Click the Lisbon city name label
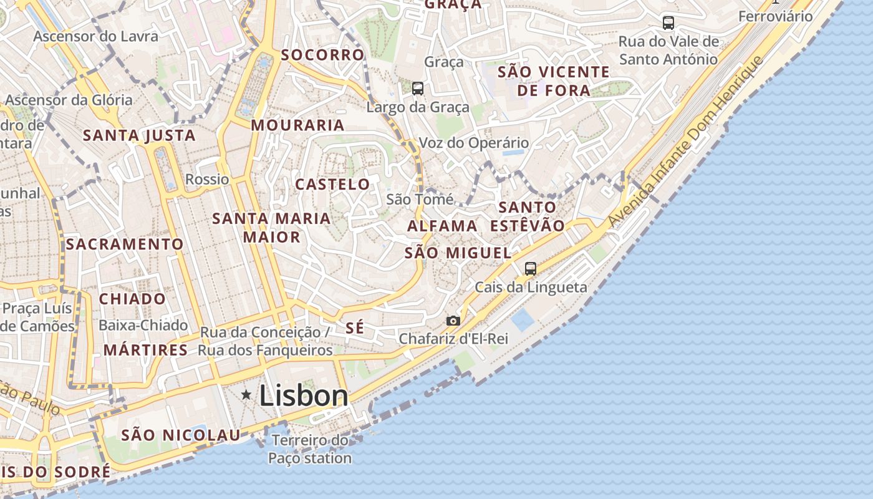tap(304, 395)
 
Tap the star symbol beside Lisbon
tap(246, 394)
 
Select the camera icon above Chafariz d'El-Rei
tap(453, 321)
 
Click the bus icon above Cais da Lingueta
tap(531, 269)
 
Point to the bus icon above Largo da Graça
tap(418, 89)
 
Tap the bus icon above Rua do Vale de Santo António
tap(668, 23)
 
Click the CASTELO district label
tap(332, 185)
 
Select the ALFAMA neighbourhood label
tap(442, 226)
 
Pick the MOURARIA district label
tap(297, 125)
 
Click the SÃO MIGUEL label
tap(458, 253)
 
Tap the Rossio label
tap(207, 180)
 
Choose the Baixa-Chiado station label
tap(143, 325)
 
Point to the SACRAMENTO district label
tap(125, 244)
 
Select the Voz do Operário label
tap(473, 143)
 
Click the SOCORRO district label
tap(322, 55)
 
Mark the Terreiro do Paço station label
tap(311, 449)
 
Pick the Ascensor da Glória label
tap(69, 100)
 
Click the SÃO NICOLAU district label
tap(181, 435)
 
